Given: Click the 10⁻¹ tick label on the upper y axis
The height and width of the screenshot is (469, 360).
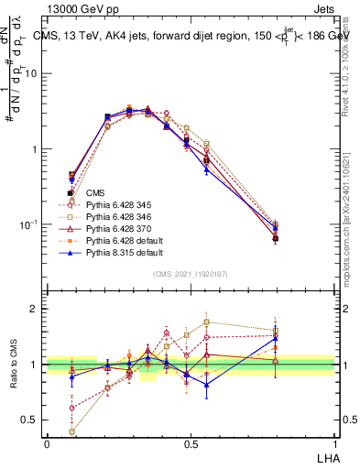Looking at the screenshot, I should pyautogui.click(x=29, y=224).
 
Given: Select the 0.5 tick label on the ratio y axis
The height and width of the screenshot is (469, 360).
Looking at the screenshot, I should pyautogui.click(x=32, y=420).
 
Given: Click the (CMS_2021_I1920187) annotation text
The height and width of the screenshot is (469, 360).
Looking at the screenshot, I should pyautogui.click(x=190, y=273).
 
